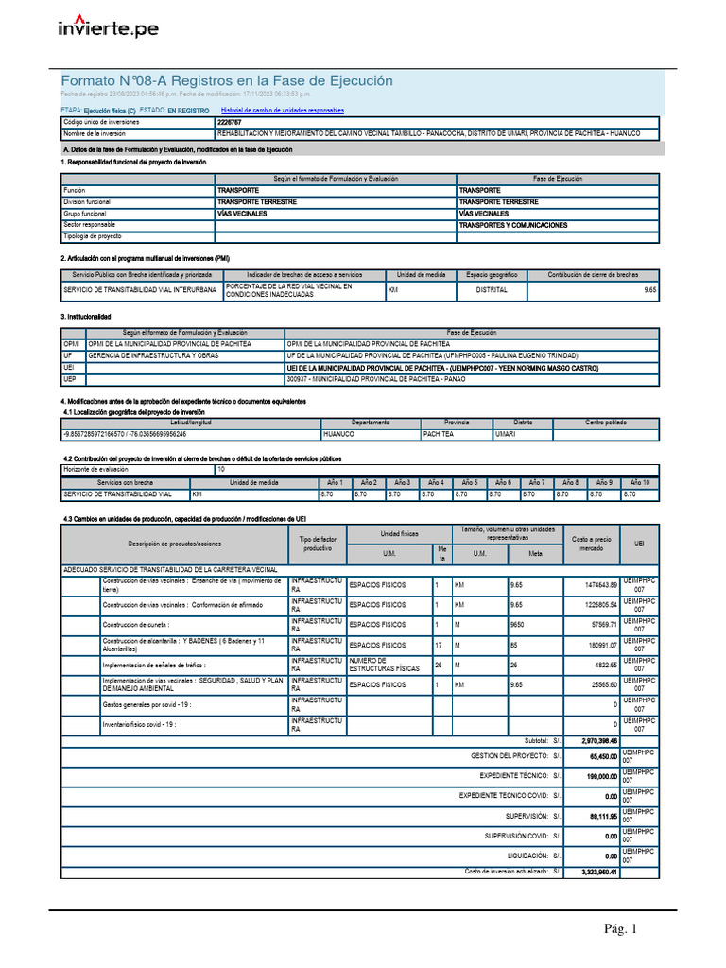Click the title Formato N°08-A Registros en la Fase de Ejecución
click(227, 81)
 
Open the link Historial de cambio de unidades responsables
click(283, 111)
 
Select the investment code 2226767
click(229, 123)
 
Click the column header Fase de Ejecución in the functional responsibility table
click(557, 179)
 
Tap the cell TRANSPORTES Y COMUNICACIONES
click(513, 225)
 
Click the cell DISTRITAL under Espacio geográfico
click(492, 290)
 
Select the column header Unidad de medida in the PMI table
click(421, 275)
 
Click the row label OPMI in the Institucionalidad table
click(72, 344)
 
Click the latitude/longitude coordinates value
click(125, 434)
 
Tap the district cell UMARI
click(506, 434)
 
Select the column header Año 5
click(469, 482)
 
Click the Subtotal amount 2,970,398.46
click(598, 740)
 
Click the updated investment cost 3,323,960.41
click(598, 873)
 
